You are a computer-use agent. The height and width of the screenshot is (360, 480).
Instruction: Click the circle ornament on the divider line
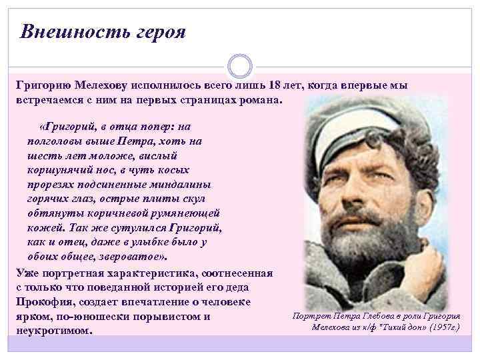pyautogui.click(x=239, y=66)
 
